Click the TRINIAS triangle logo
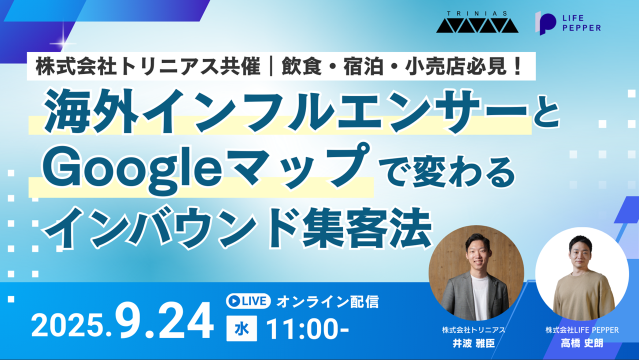click(477, 25)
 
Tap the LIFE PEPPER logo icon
click(545, 23)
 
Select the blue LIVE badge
click(248, 301)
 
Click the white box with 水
click(241, 328)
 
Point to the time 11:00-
click(307, 329)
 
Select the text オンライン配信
click(327, 301)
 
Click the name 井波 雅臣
click(473, 343)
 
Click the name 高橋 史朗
click(582, 343)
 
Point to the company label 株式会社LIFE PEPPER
click(582, 330)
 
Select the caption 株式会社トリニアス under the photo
click(473, 330)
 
